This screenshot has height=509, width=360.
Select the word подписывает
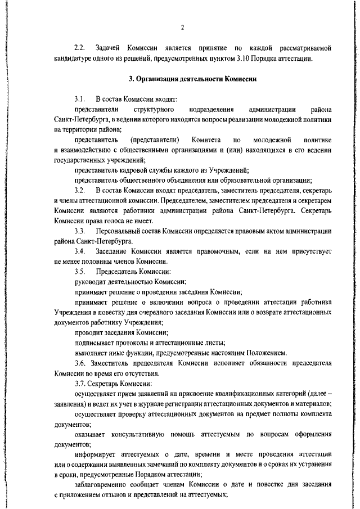(96, 343)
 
